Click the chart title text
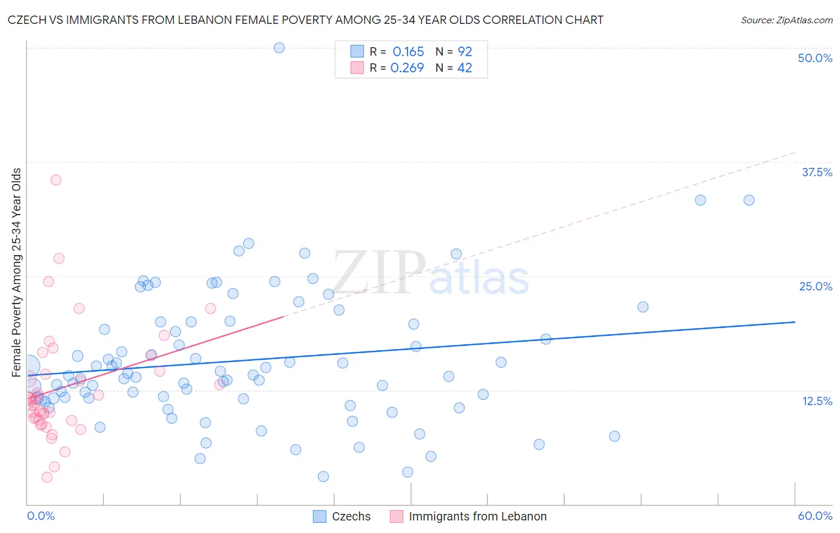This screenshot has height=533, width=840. (305, 20)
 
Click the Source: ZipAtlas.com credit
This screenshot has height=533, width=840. (786, 20)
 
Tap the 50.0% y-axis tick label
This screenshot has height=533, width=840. (815, 58)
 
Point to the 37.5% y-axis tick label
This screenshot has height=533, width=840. (817, 172)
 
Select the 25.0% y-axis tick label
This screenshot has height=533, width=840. (816, 286)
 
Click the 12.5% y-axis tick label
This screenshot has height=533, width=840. (817, 401)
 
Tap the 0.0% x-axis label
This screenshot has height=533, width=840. (41, 516)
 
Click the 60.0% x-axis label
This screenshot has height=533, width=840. (815, 516)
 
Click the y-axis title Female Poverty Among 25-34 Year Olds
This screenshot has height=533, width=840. (17, 272)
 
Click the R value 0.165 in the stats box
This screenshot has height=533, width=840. (408, 51)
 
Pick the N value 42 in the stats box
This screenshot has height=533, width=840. (464, 68)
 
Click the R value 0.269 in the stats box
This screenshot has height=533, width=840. (407, 68)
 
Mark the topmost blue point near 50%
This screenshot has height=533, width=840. (279, 48)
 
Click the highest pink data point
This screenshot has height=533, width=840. (56, 180)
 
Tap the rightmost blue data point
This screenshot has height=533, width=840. (749, 200)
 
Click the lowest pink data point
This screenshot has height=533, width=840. (47, 477)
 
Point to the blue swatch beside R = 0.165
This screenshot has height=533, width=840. (357, 51)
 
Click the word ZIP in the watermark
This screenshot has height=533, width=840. (379, 273)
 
